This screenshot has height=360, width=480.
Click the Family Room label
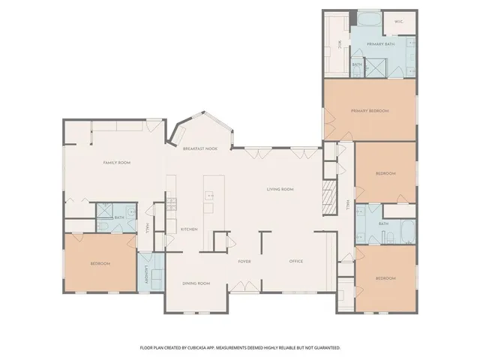pos(117,163)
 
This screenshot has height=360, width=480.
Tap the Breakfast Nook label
pos(200,149)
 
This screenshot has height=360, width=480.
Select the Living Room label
pos(280,189)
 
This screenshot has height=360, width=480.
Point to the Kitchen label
pos(188,229)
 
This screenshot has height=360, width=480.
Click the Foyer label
pos(244,262)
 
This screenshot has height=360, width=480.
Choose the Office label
pos(296,262)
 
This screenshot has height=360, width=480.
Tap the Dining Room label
pos(196,283)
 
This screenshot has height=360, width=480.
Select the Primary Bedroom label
pos(370,111)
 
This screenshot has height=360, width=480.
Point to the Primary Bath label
pos(380,44)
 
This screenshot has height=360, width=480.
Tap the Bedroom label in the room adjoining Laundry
pos(100,263)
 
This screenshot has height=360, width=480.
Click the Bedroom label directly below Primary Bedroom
pos(385,173)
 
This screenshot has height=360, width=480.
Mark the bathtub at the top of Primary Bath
pos(368,19)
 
